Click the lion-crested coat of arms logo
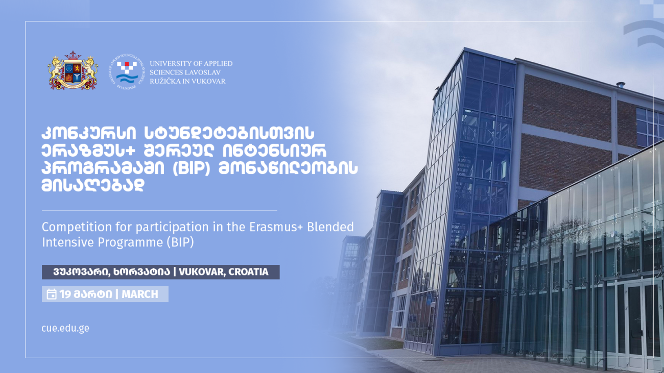[73, 70]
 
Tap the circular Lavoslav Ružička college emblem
[127, 72]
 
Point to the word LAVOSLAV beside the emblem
[203, 72]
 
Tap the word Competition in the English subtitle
[77, 228]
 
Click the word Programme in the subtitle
[130, 243]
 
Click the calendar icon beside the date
[52, 294]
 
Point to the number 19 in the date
[65, 294]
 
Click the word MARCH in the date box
[140, 294]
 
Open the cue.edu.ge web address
[65, 328]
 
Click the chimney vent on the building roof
[621, 85]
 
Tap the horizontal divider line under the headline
[159, 211]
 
